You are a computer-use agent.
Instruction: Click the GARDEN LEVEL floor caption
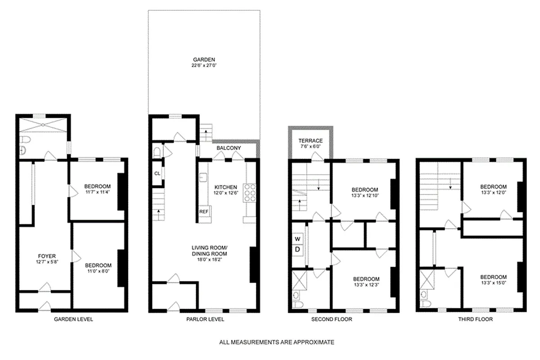[73, 319]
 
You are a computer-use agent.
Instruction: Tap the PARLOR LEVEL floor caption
[205, 319]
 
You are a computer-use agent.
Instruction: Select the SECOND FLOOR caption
[332, 319]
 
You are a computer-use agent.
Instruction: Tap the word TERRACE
[311, 140]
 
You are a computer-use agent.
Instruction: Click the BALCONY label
[229, 148]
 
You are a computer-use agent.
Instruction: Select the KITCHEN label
[225, 187]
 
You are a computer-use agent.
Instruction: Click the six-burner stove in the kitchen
[249, 193]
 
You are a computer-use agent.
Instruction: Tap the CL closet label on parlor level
[157, 174]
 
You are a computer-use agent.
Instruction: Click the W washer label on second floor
[298, 239]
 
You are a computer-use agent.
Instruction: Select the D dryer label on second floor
[298, 249]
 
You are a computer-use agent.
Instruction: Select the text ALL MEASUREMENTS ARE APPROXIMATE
[277, 342]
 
